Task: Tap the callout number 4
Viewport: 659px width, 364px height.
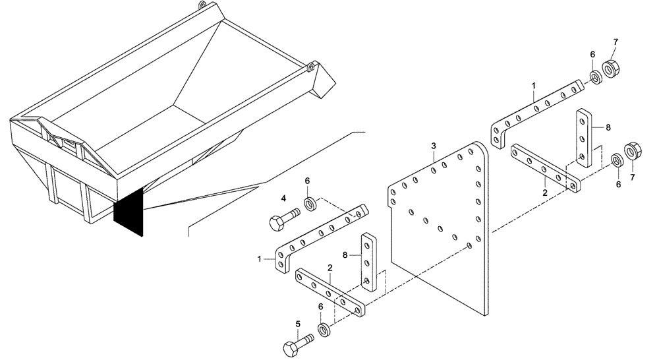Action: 283,198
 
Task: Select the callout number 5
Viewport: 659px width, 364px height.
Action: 297,324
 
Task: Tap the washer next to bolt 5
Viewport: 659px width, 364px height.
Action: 324,328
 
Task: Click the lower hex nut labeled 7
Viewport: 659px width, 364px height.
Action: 632,151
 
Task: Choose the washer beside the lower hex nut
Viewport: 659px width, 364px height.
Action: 617,161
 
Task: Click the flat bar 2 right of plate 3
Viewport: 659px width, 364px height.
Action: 546,168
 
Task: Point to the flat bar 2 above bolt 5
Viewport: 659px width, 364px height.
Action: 329,290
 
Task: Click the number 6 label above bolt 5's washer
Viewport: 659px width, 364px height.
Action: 320,307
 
